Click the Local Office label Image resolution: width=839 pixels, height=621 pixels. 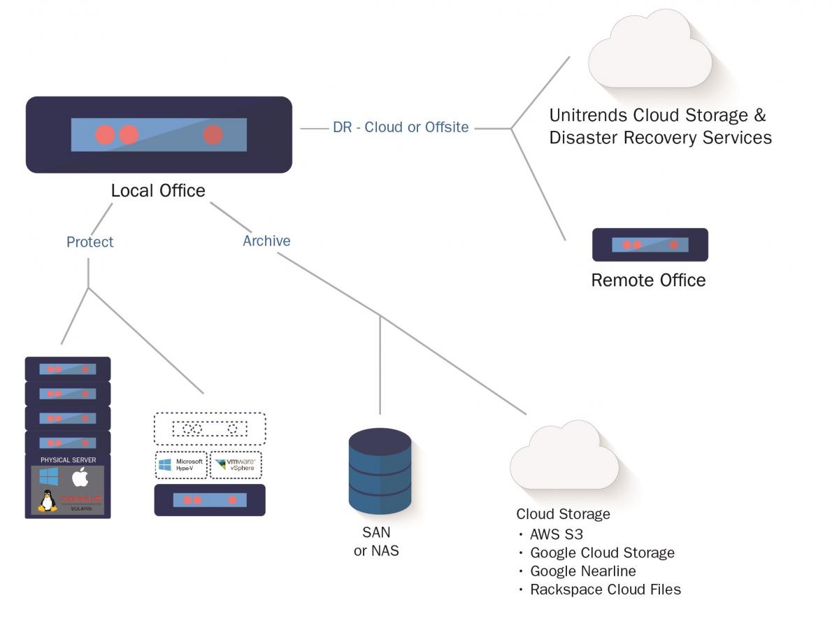[158, 190]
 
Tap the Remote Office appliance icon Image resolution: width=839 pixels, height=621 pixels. [650, 245]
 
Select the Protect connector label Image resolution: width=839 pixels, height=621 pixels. [89, 242]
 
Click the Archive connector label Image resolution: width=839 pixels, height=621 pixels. [266, 241]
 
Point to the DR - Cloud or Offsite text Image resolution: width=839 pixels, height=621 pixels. [401, 127]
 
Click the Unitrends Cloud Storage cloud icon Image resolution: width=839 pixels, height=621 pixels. [650, 52]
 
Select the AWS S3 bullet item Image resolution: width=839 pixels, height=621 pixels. [557, 534]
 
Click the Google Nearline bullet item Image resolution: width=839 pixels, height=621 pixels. [582, 571]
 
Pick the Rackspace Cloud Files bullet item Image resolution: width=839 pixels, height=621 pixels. [605, 589]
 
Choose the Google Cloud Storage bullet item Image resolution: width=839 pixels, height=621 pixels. [602, 552]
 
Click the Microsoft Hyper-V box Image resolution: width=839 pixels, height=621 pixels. [181, 465]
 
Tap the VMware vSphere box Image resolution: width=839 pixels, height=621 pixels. [236, 465]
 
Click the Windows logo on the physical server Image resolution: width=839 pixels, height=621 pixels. [49, 478]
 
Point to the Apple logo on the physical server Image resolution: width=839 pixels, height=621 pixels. [80, 478]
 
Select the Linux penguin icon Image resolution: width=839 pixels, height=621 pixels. [48, 501]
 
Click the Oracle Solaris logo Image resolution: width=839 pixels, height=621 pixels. [80, 501]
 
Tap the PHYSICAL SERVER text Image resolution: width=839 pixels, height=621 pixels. [68, 459]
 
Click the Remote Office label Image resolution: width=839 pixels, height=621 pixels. [648, 280]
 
